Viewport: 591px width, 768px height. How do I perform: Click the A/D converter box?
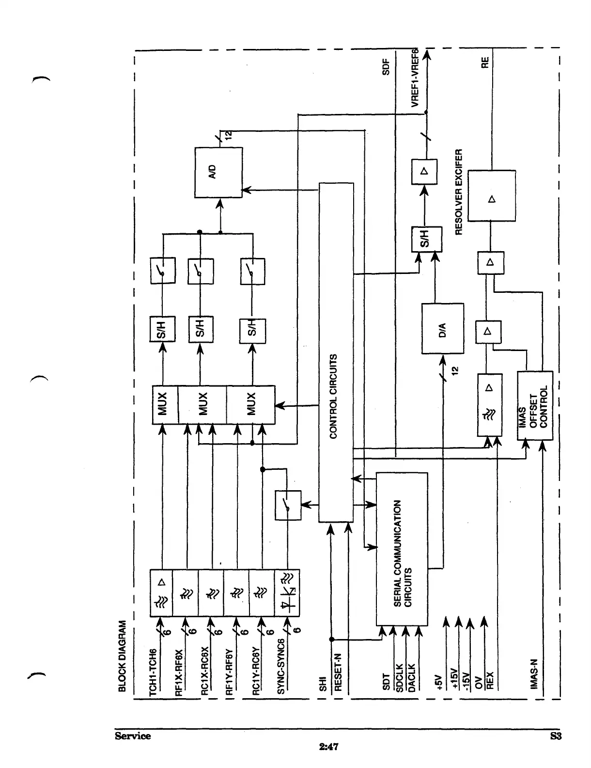click(x=218, y=172)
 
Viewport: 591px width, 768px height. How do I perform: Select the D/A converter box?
click(x=442, y=328)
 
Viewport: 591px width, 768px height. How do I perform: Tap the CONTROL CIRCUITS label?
click(x=333, y=397)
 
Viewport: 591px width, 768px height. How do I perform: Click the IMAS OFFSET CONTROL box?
click(x=535, y=405)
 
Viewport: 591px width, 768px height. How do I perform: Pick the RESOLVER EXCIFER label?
click(x=460, y=192)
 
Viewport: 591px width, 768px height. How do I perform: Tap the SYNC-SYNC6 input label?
click(x=281, y=666)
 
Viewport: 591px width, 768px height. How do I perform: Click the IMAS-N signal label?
click(x=533, y=674)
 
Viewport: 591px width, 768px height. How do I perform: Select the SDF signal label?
click(x=386, y=66)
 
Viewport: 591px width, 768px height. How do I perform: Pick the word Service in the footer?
click(x=133, y=736)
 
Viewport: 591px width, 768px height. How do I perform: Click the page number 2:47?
click(x=328, y=747)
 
